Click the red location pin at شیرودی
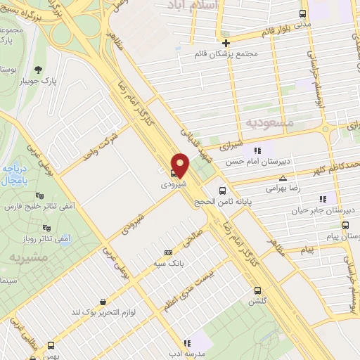coord(181,165)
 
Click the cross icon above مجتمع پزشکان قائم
coord(226,42)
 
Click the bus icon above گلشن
coord(258,290)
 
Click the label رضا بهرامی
coord(263,188)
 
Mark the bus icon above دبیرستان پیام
coord(345,225)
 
